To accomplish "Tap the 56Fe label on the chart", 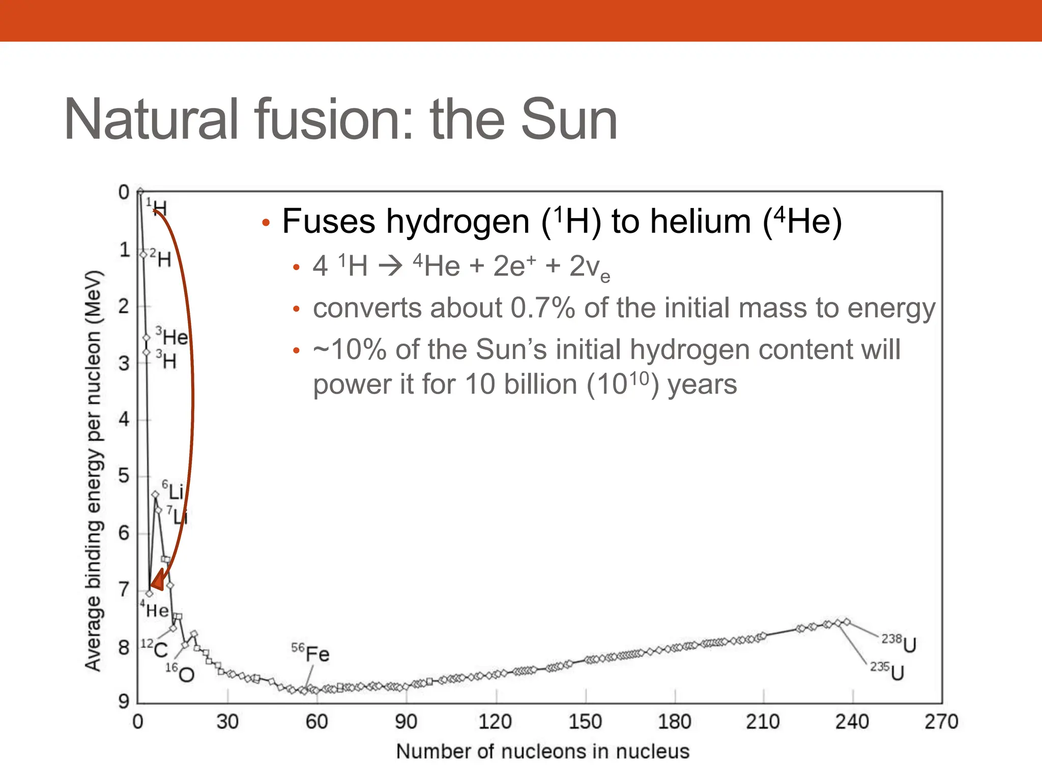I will [310, 652].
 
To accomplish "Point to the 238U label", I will [899, 643].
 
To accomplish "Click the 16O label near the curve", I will [180, 672].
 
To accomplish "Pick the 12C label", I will [155, 648].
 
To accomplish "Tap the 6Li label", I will [172, 490].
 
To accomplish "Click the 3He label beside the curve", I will [172, 336].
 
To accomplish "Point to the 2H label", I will [161, 258].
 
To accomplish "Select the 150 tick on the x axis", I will [585, 722].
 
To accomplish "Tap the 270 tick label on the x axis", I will [941, 722].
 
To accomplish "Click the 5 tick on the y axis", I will [124, 476].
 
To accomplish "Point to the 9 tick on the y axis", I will [124, 702].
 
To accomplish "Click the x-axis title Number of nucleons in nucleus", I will [542, 752].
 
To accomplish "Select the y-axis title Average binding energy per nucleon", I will [95, 471].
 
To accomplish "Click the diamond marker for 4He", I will [149, 593].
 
